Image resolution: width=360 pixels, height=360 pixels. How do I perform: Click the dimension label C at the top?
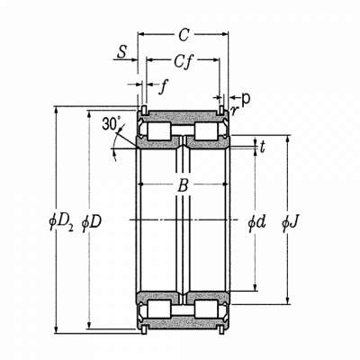[x=184, y=35]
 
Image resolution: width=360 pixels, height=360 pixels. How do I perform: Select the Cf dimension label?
[x=183, y=61]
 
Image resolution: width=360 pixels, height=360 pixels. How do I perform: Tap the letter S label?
[x=121, y=51]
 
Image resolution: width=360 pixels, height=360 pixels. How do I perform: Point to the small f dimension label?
[x=164, y=87]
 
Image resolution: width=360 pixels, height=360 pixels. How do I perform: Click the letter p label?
[x=246, y=99]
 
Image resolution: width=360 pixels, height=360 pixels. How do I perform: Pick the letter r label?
[x=234, y=111]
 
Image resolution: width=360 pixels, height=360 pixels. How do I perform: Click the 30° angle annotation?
[x=110, y=123]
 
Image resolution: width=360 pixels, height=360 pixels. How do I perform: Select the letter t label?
[x=263, y=147]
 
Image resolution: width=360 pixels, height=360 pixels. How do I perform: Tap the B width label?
[x=183, y=185]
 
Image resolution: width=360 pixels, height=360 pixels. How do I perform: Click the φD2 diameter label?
[x=61, y=223]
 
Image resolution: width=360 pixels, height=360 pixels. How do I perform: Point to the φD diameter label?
[x=92, y=223]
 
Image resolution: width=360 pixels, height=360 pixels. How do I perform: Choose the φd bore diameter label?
[x=256, y=222]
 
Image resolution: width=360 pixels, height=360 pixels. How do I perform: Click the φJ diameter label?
[x=290, y=222]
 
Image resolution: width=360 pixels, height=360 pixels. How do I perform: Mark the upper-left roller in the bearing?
[x=159, y=131]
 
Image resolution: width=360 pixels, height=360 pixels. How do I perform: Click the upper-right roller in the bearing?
[x=206, y=131]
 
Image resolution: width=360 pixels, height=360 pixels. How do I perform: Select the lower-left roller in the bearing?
[x=159, y=309]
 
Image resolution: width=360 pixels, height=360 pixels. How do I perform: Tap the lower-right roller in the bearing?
[x=206, y=309]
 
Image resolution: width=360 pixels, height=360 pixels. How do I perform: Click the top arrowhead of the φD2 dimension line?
[x=56, y=110]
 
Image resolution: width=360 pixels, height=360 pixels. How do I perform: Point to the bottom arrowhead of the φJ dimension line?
[x=288, y=301]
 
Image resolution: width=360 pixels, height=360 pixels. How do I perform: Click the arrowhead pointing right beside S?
[x=134, y=59]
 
